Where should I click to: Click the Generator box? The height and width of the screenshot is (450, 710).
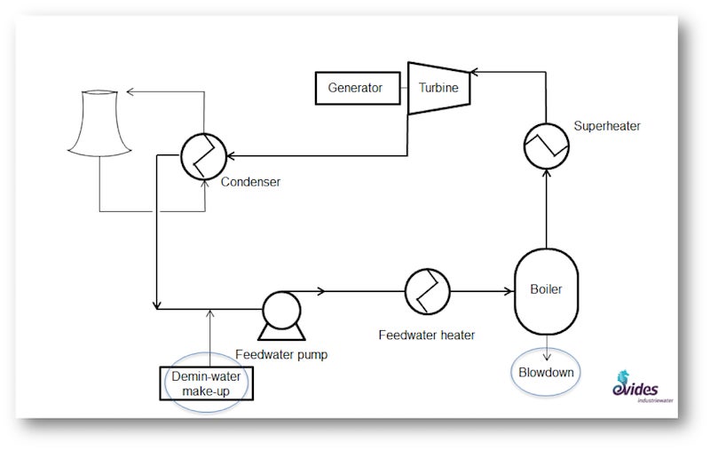(x=355, y=88)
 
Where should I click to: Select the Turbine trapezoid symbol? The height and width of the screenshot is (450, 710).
(x=438, y=88)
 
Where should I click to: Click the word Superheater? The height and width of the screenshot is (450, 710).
(x=607, y=127)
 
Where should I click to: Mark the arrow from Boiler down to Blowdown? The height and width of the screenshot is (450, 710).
(x=545, y=346)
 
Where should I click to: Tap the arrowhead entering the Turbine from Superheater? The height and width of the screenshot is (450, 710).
(x=475, y=70)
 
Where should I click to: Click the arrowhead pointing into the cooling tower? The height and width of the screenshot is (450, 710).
(x=130, y=91)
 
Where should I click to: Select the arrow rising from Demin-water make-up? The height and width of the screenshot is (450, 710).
(x=209, y=337)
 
